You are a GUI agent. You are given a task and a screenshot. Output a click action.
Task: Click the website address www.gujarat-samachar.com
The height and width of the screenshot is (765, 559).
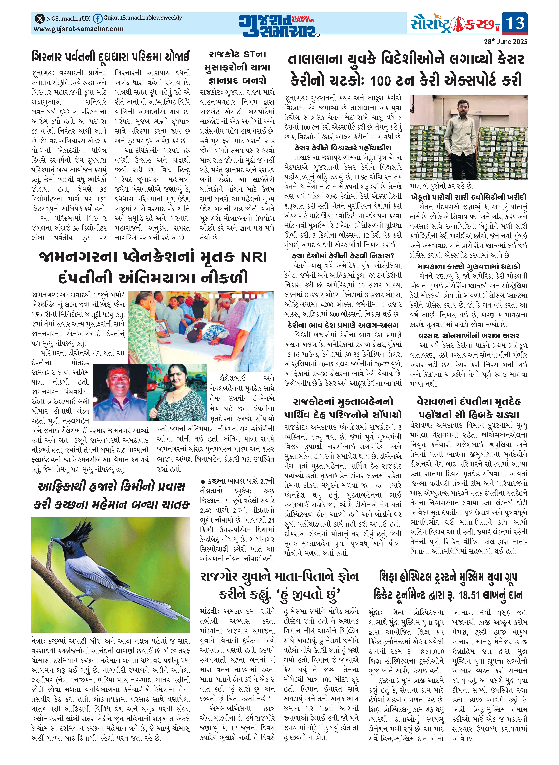tap(79, 29)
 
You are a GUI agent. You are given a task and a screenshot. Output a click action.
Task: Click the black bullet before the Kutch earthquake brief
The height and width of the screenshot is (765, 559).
tap(203, 481)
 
